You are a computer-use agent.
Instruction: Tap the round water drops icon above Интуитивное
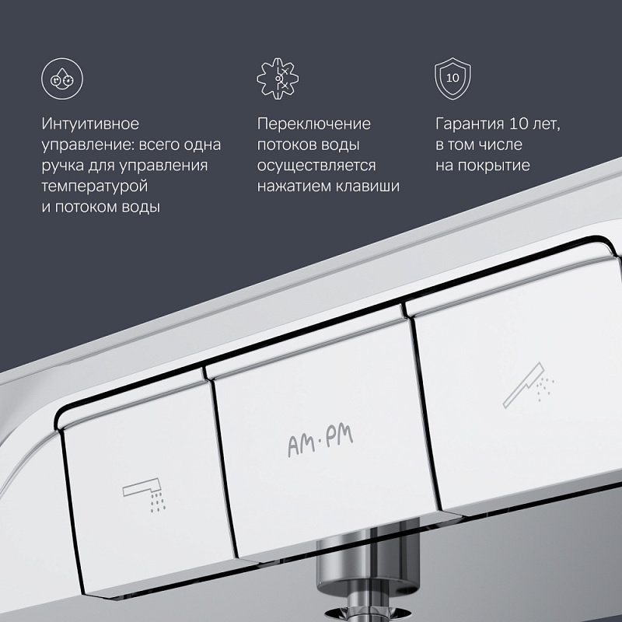[60, 79]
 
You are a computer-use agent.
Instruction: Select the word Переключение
[313, 124]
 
